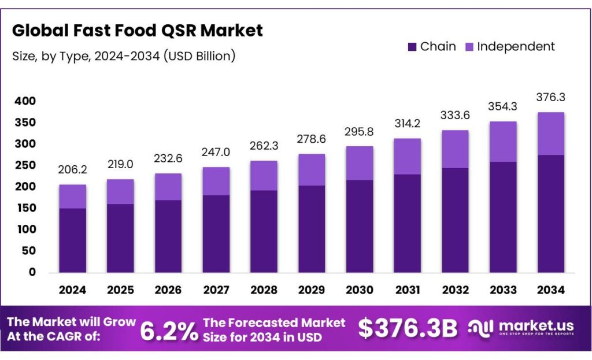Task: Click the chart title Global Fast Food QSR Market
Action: (138, 31)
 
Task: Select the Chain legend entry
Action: (431, 47)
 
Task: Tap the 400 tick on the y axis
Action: (25, 101)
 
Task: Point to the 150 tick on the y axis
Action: (25, 208)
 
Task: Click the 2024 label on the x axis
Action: (72, 290)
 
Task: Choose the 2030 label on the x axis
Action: (359, 290)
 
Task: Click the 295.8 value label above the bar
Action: (359, 132)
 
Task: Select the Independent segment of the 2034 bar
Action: (550, 133)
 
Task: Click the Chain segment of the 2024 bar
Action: (72, 240)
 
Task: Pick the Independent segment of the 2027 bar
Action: (216, 181)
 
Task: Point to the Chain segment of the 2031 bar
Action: (407, 223)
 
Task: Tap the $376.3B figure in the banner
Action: (407, 329)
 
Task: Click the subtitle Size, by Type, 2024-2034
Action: (123, 56)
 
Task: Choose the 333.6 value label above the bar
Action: (454, 115)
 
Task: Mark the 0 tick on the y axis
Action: (32, 272)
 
